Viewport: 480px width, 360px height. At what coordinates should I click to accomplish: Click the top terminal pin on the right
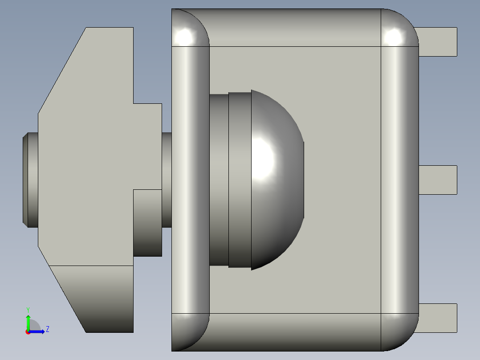tap(438, 42)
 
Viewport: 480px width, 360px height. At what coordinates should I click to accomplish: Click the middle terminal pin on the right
tap(438, 180)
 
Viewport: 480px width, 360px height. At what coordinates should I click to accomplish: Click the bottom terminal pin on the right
tap(438, 318)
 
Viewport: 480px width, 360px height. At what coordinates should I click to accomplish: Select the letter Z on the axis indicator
tap(48, 329)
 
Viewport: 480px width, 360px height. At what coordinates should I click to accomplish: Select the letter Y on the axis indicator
tap(28, 309)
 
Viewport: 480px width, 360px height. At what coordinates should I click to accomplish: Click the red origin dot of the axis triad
tap(28, 332)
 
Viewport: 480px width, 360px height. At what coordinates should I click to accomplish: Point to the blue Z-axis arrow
tap(38, 331)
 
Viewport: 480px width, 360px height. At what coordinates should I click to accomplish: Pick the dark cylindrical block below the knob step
tap(147, 223)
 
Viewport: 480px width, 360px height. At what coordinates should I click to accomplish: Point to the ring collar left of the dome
tap(240, 180)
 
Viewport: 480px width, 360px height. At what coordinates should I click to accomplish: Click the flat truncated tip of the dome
tap(303, 180)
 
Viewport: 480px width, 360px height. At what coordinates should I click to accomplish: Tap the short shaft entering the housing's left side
tap(167, 180)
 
